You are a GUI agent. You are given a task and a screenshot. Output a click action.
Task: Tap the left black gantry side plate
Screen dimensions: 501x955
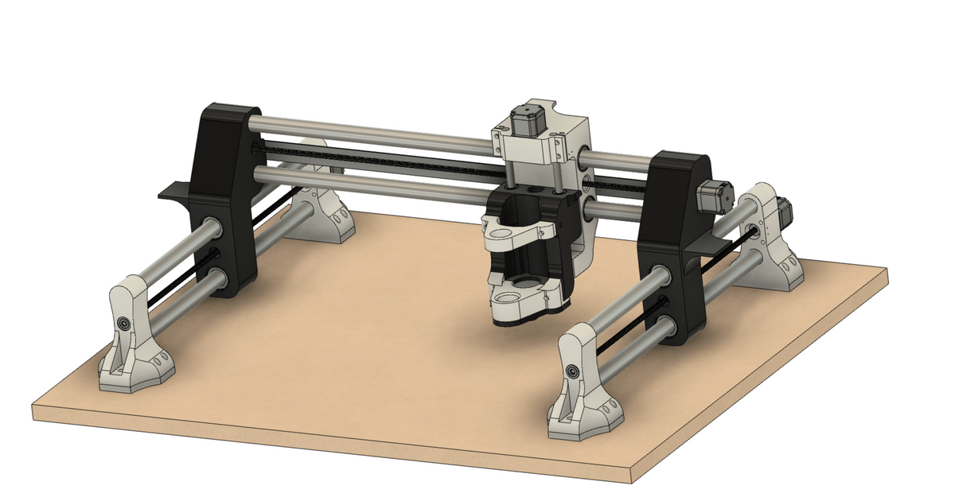coord(224,191)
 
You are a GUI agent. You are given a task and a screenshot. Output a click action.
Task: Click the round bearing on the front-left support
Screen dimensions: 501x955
coord(126,324)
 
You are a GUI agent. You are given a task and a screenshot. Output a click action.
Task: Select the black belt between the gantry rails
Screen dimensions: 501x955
coord(382,159)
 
